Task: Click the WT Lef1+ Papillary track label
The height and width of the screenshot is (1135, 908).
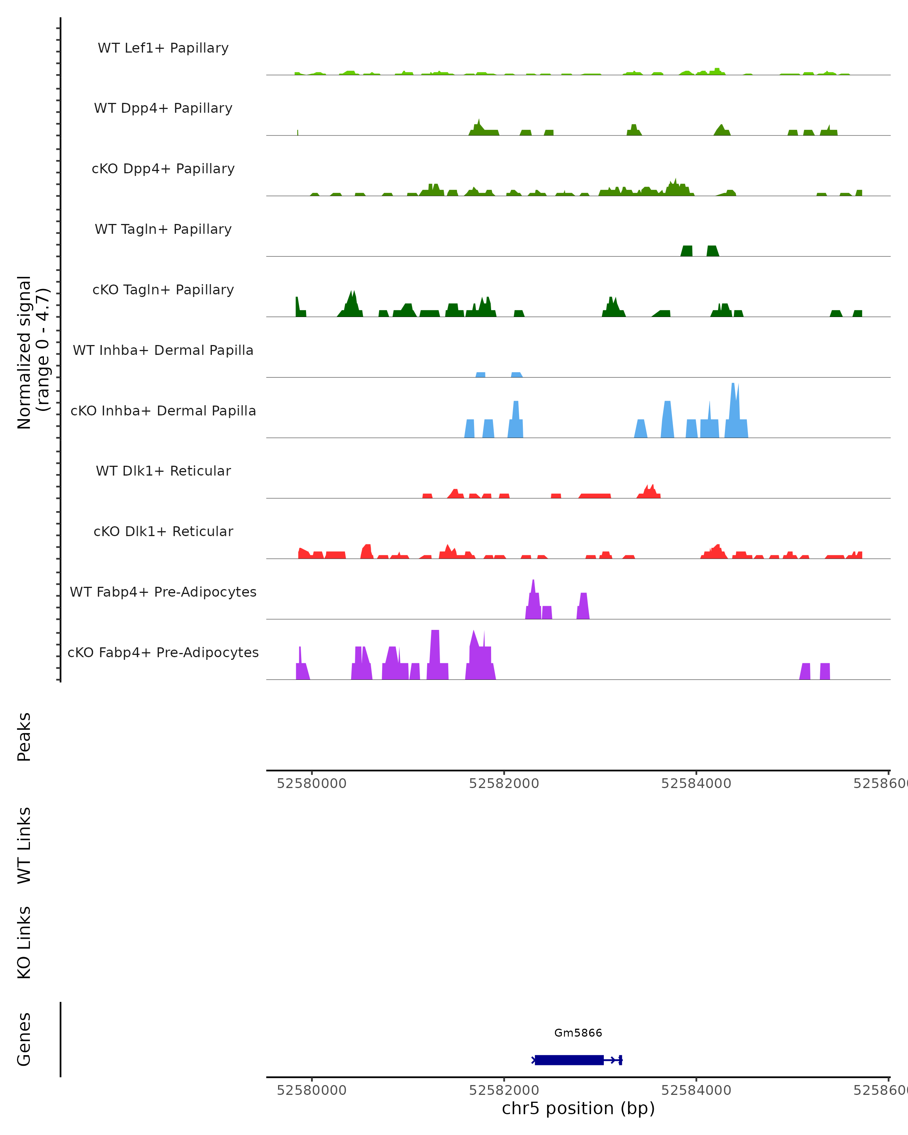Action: (163, 48)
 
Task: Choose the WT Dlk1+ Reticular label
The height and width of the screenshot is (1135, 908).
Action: (163, 471)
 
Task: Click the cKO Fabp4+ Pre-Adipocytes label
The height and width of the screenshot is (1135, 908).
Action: (163, 652)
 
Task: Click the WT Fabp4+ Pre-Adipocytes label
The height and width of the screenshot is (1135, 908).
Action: (163, 592)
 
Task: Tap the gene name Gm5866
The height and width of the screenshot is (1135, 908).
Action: (578, 1033)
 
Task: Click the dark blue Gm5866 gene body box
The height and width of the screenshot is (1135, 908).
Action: (569, 1060)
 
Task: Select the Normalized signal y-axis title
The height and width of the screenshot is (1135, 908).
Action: (33, 352)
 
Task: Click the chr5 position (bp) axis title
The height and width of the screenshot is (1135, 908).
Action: (578, 1108)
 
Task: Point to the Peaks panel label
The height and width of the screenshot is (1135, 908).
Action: (24, 737)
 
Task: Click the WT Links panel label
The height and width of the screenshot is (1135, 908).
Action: (24, 845)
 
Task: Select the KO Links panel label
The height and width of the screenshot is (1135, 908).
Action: (24, 942)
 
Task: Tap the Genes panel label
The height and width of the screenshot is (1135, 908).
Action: (24, 1039)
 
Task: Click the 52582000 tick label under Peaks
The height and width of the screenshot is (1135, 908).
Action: (504, 784)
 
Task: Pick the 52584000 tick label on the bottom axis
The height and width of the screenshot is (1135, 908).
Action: (696, 1090)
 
